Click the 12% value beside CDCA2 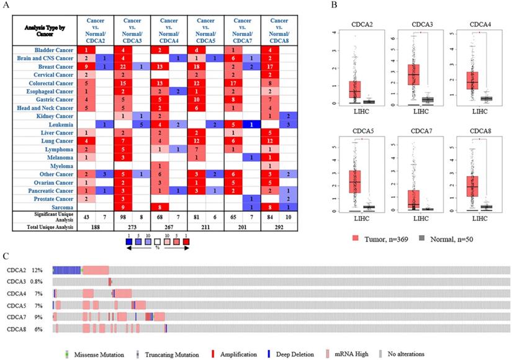pyautogui.click(x=37, y=270)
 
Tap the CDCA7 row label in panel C pyautogui.click(x=16, y=317)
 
